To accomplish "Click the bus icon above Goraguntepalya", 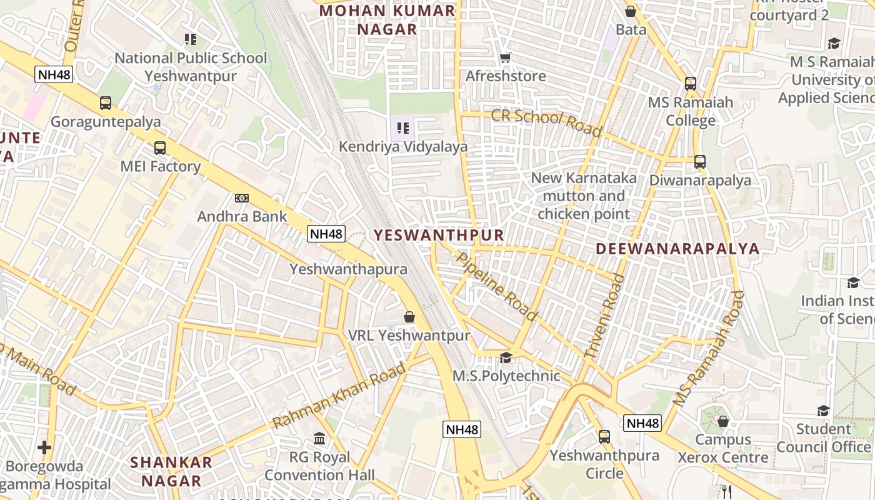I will (106, 103).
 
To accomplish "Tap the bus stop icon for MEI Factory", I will (160, 148).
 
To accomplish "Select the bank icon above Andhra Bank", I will (242, 198).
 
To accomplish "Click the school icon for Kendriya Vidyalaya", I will (403, 129).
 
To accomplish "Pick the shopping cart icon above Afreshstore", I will (506, 57).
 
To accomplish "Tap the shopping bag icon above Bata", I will (631, 11).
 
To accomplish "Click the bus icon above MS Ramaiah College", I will (691, 83).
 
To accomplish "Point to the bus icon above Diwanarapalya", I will (700, 162).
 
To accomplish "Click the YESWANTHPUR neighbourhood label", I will (439, 235).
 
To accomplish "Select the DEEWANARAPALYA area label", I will (677, 249).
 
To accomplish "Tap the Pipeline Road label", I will (497, 286).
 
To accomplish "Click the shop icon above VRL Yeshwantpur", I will (409, 317).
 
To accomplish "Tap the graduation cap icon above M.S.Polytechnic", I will (506, 358).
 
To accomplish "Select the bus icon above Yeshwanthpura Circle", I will (604, 436).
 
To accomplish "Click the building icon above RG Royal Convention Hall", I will (319, 438).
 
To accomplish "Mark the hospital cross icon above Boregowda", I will (44, 447).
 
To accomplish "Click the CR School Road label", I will (546, 122).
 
